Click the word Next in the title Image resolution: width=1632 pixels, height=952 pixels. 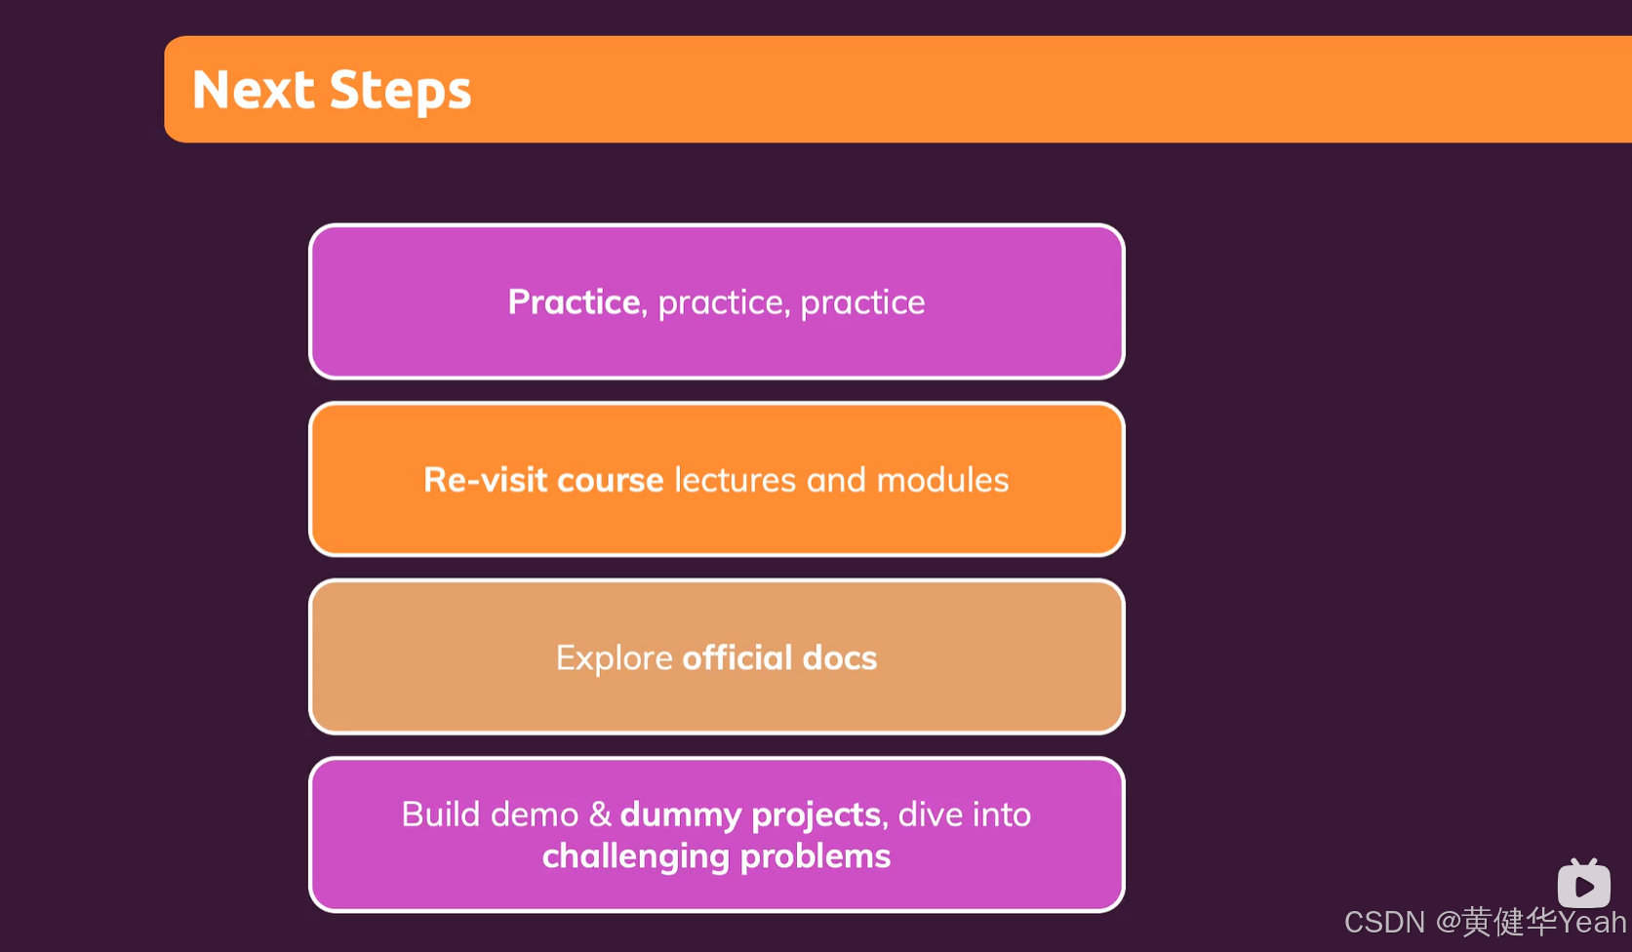pos(254,90)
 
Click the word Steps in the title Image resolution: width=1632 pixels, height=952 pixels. pos(400,92)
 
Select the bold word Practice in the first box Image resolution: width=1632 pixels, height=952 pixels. pos(574,302)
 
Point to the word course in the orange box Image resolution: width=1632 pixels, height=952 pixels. pos(611,481)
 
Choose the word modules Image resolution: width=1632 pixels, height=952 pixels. pos(942,480)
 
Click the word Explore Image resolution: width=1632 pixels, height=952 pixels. pos(615,658)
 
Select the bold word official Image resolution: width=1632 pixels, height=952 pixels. pos(737,658)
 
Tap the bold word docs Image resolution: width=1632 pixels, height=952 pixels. pos(840,658)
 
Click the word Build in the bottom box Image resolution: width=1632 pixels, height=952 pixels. pos(441,814)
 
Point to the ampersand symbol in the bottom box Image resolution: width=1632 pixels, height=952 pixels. pos(600,814)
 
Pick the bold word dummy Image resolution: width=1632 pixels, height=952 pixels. pos(681,815)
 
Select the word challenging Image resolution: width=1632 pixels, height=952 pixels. pos(635,857)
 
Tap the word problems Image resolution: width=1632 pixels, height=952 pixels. pos(816,857)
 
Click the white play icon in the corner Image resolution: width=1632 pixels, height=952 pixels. pos(1583,885)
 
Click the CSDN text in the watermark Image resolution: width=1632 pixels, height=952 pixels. pos(1384,922)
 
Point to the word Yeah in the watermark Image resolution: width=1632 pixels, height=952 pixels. pos(1592,922)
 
